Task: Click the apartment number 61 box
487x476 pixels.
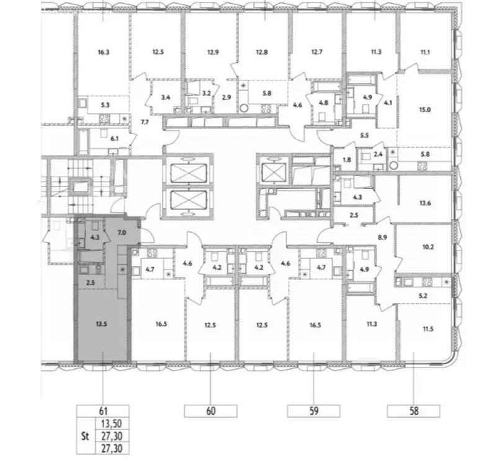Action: [x=102, y=410]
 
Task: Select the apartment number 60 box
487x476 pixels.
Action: [x=211, y=410]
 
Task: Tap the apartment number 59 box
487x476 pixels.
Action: [x=314, y=410]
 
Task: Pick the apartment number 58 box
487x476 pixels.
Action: [x=414, y=410]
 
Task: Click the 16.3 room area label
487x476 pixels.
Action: [x=103, y=53]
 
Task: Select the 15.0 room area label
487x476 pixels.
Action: [x=425, y=110]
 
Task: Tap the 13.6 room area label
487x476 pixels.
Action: [x=425, y=201]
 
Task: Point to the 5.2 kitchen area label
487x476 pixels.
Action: [x=424, y=297]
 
